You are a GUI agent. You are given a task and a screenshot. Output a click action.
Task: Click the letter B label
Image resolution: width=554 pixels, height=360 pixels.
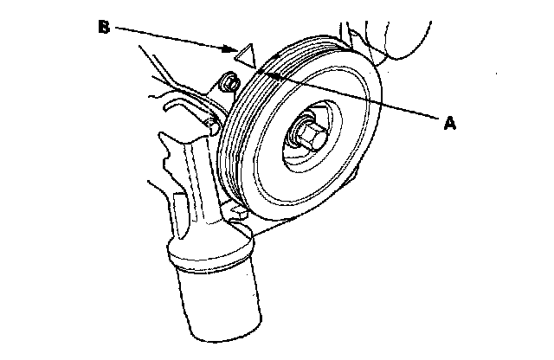103,29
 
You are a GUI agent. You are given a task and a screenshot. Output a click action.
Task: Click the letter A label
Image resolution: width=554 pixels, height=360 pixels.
449,123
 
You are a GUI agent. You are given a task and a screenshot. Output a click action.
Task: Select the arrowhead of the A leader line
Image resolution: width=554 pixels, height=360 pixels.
270,74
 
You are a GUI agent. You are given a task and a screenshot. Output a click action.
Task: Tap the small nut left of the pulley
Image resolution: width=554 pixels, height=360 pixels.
230,85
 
